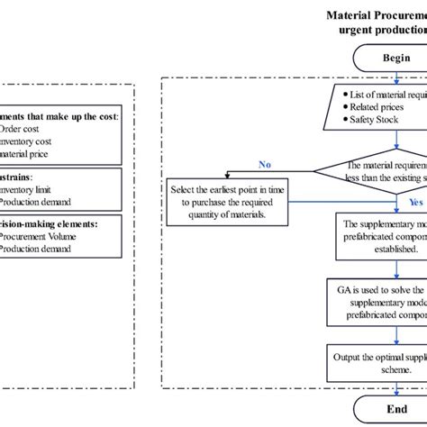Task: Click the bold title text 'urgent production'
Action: pos(378,29)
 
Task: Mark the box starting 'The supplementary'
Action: pos(378,232)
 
